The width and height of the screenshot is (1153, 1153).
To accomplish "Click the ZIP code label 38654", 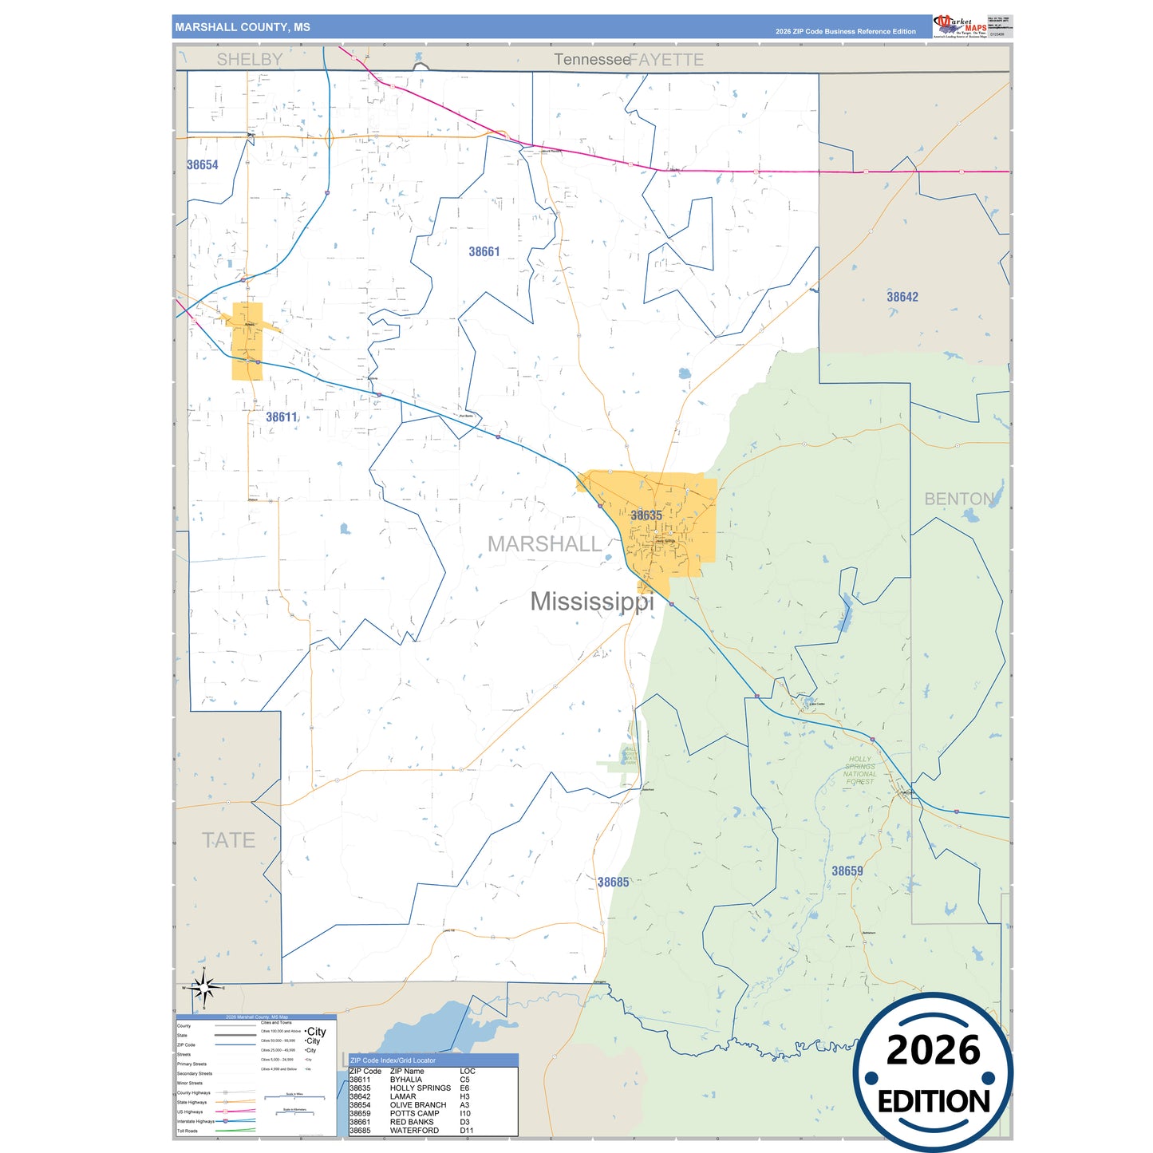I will (x=203, y=165).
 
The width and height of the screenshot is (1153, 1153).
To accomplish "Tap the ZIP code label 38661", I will (x=484, y=252).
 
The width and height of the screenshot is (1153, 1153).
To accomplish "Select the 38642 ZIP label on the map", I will (x=902, y=297).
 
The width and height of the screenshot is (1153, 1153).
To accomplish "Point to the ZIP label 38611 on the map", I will (x=282, y=417).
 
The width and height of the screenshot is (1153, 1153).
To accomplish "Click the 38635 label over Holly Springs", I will (x=646, y=515).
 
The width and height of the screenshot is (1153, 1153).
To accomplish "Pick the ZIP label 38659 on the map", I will (x=847, y=871).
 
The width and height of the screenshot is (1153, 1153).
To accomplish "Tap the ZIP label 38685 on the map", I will (x=614, y=883).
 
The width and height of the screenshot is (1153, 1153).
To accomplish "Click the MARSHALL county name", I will (x=544, y=544).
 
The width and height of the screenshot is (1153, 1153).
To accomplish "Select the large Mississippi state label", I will (x=592, y=602).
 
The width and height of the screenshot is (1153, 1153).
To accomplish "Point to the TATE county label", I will (x=228, y=840).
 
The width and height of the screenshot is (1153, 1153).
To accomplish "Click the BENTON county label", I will (x=959, y=499).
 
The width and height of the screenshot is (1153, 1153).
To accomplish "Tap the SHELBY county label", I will (x=250, y=60).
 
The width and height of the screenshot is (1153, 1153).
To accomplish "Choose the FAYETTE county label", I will (x=667, y=60).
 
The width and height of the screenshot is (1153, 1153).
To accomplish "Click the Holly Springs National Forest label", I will (x=859, y=771).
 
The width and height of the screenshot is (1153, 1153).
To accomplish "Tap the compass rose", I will (x=204, y=989).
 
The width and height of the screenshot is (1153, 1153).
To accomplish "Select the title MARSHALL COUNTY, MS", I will (x=243, y=27).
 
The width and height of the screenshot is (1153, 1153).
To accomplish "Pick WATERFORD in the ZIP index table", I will (x=414, y=1131).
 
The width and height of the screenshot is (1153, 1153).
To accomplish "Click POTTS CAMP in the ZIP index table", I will (x=414, y=1113).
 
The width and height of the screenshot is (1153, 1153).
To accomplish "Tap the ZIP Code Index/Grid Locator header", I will (x=393, y=1060).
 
